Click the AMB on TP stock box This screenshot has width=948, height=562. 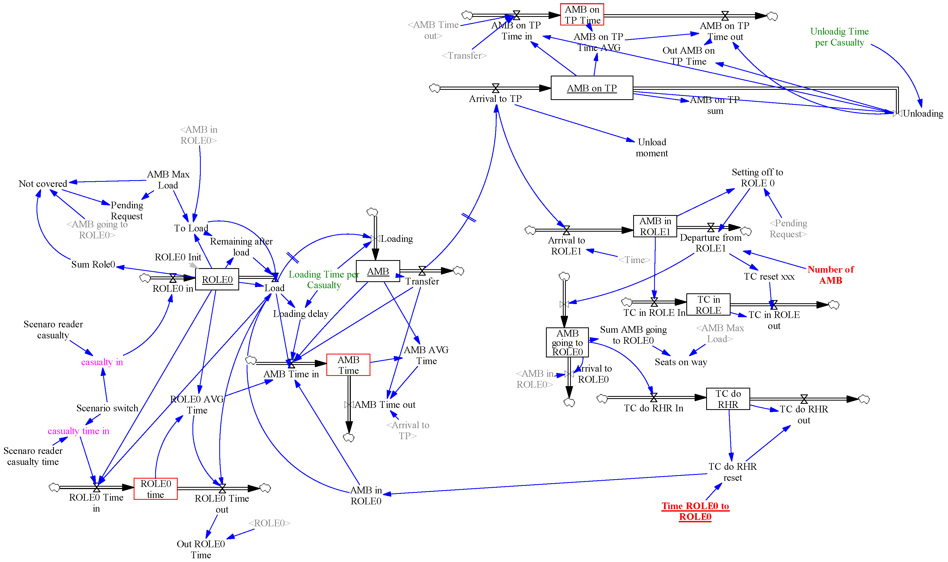[591, 88]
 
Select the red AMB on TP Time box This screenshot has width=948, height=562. [582, 15]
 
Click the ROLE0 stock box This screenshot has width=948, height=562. [217, 279]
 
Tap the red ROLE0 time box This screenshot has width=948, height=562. [155, 489]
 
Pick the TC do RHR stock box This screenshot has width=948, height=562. [728, 399]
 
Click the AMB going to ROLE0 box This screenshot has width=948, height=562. [567, 342]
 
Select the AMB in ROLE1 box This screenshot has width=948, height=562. [655, 226]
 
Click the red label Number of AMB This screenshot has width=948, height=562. [830, 275]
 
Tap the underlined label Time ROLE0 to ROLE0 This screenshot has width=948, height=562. [695, 511]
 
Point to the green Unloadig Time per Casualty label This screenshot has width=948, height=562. [839, 37]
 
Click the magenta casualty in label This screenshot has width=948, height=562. [102, 362]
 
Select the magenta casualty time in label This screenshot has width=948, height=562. [78, 431]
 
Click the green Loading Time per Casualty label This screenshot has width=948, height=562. [324, 279]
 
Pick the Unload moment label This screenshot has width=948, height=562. [652, 147]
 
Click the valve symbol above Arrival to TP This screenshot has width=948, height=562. [495, 88]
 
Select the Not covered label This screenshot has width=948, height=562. [43, 184]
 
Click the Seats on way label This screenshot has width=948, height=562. [681, 362]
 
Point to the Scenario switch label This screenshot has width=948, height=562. [107, 408]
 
